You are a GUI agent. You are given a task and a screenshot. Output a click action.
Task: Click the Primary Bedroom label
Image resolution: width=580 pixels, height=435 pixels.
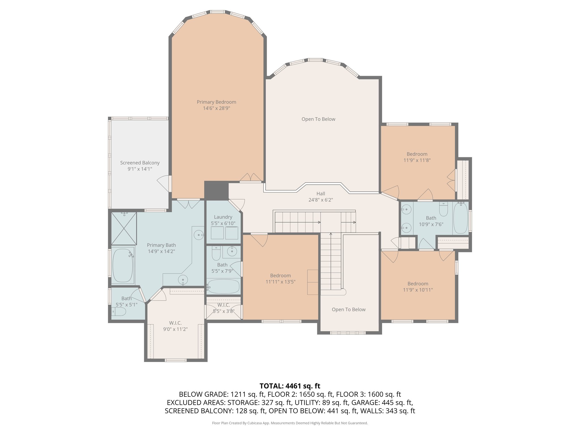216,102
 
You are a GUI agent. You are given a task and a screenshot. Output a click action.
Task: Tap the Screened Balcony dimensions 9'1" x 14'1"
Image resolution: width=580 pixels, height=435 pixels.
140,169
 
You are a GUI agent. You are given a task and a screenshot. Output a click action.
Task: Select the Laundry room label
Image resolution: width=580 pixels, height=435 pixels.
223,217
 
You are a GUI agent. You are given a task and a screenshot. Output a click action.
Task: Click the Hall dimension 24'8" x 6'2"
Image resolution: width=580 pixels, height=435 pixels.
321,200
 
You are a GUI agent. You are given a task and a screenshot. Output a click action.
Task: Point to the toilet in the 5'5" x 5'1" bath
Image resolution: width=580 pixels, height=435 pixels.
119,312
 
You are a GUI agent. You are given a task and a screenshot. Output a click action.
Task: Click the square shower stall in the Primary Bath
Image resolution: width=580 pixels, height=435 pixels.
124,228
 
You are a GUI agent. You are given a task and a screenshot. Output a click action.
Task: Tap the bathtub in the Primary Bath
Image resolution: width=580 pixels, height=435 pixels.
123,265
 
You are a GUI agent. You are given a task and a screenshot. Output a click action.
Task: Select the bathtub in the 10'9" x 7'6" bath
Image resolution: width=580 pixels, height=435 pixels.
460,218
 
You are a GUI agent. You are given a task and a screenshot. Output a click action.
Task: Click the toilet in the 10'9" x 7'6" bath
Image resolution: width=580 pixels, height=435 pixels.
443,209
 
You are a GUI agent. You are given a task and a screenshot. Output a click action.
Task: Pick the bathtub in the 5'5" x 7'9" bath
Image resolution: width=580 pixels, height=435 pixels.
223,287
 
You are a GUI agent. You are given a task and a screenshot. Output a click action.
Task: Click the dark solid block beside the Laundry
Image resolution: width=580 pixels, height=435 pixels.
216,191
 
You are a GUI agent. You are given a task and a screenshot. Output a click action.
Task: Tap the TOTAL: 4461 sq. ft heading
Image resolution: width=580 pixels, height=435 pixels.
290,386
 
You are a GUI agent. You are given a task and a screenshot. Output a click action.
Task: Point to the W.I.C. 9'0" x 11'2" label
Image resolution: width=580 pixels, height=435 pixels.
175,326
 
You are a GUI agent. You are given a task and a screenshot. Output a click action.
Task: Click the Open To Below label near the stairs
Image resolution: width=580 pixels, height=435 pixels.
349,310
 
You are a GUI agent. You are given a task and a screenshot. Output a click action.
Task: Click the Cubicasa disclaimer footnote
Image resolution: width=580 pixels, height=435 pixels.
290,423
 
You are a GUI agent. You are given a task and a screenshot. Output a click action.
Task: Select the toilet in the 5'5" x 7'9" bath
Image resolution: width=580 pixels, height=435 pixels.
216,253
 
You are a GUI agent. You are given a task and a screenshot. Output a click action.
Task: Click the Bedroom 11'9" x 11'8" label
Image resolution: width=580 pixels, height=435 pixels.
417,157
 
